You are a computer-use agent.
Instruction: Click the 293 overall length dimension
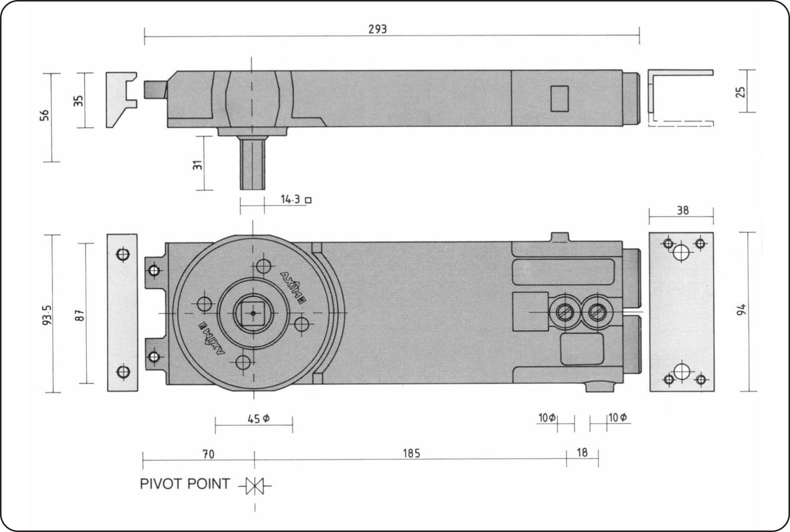tap(378, 29)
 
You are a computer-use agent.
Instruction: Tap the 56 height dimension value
tap(45, 115)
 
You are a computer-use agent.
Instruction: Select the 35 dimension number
tap(79, 101)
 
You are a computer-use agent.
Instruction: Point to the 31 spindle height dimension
tap(198, 165)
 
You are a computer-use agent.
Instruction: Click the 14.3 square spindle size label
tap(290, 200)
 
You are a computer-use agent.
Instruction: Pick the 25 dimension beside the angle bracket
tap(741, 91)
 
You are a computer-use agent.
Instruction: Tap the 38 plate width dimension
tap(683, 210)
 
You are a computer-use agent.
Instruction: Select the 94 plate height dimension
tap(741, 310)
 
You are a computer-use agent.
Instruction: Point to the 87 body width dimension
tap(81, 315)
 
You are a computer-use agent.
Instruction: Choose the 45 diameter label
tap(258, 419)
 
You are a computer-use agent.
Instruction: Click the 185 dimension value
tap(411, 453)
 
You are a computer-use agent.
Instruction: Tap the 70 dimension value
tap(208, 454)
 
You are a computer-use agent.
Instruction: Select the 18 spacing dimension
tap(582, 452)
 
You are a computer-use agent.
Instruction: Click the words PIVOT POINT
tap(185, 484)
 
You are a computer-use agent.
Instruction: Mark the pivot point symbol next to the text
tap(255, 486)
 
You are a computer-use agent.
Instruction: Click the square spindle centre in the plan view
tap(253, 313)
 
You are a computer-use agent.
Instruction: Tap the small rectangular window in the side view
tap(560, 99)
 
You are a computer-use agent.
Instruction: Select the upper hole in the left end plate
tap(123, 254)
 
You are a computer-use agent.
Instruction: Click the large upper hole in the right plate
tap(681, 252)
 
